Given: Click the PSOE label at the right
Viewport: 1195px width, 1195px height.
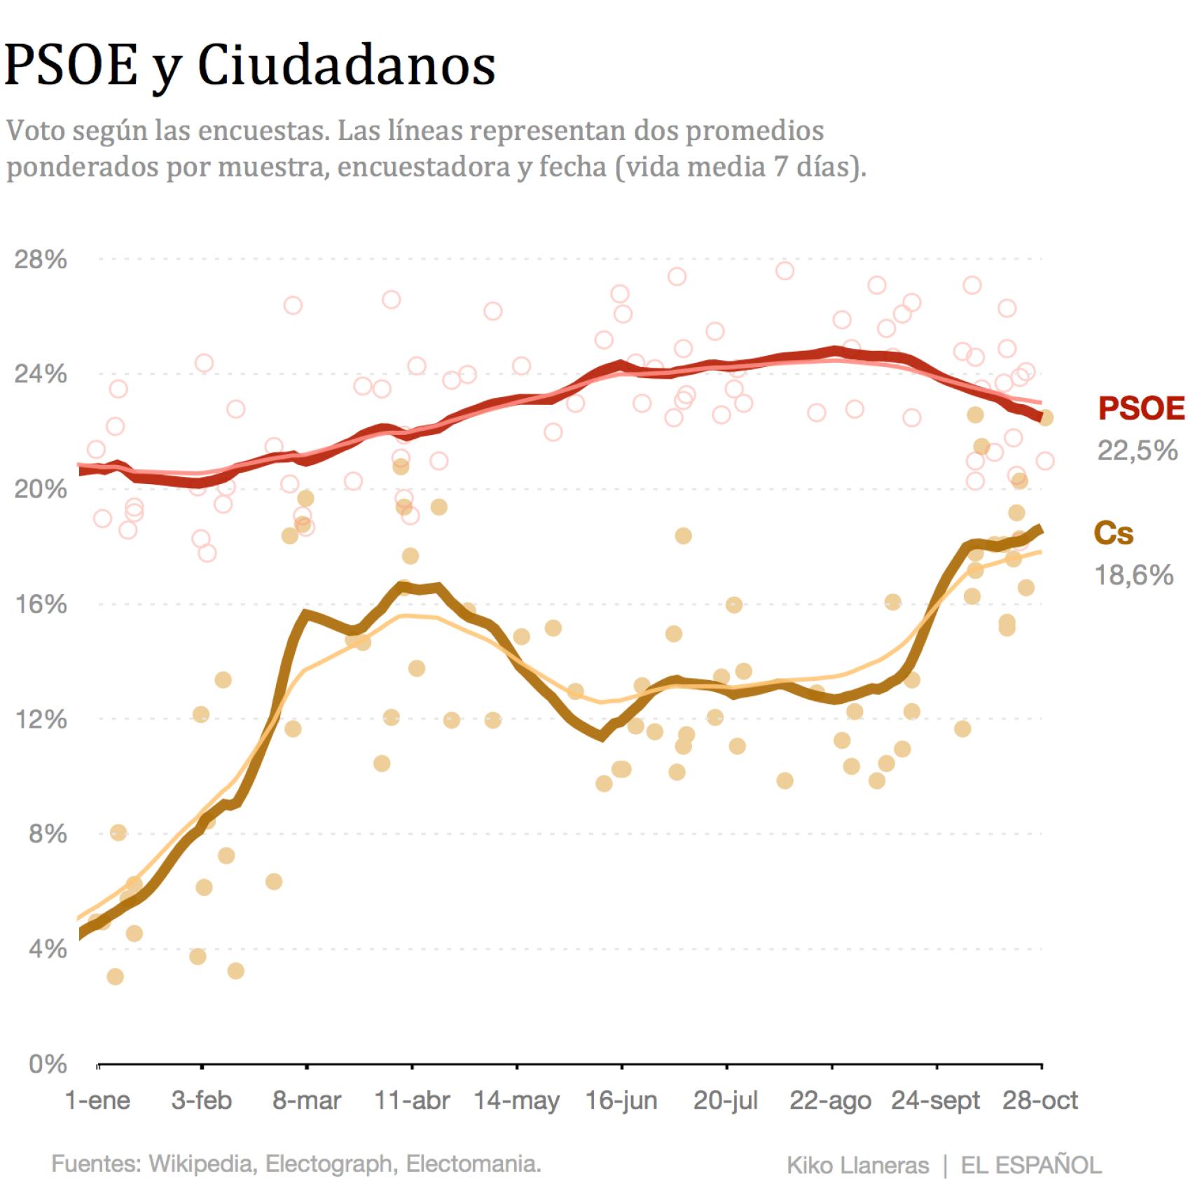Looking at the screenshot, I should click(1140, 408).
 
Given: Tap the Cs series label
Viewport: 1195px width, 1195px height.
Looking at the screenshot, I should click(1113, 534).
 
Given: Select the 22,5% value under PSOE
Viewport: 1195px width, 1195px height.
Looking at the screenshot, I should click(1137, 450).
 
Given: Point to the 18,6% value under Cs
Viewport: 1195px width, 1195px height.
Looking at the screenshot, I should click(1133, 575).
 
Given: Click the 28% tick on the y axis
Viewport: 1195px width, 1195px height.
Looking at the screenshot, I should click(41, 260).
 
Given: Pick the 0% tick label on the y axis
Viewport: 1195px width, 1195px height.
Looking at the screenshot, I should click(48, 1064).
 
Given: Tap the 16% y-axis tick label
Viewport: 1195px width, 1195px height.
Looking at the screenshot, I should click(41, 605).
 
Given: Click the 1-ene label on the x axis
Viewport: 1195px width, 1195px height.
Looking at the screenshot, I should click(97, 1100).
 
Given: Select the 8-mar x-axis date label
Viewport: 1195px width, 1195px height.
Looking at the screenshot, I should click(307, 1100).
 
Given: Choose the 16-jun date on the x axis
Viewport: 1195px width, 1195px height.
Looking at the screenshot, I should click(621, 1100).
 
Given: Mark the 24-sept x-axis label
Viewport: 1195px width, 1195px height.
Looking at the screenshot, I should click(935, 1100).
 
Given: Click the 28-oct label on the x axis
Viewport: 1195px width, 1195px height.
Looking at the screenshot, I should click(1040, 1100).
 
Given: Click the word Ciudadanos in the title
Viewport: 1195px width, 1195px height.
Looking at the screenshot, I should click(347, 66).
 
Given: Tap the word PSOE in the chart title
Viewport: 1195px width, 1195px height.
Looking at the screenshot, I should click(71, 66).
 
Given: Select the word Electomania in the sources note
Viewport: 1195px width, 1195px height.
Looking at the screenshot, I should click(474, 1164).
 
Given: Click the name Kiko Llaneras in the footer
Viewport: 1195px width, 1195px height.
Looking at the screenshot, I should click(857, 1166).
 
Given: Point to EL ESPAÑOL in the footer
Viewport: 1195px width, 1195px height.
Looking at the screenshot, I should click(1030, 1166).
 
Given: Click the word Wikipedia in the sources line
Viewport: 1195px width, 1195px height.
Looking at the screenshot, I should click(200, 1164).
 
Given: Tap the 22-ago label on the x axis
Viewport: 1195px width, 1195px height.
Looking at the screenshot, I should click(830, 1100).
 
